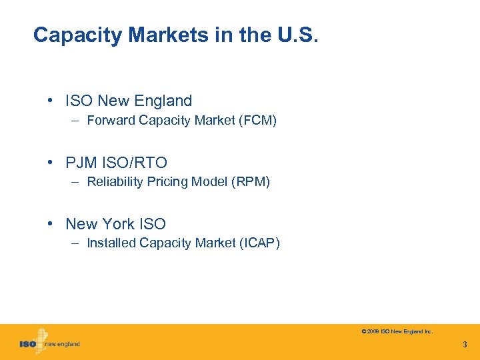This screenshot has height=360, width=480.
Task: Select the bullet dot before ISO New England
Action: click(51, 101)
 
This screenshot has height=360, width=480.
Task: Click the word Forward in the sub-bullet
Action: click(109, 121)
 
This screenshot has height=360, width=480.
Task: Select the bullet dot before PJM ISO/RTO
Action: click(51, 163)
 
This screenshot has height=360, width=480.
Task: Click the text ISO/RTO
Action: click(134, 163)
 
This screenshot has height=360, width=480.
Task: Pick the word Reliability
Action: click(114, 182)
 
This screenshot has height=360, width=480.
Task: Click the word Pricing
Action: click(165, 182)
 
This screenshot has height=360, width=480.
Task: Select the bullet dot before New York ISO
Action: click(51, 224)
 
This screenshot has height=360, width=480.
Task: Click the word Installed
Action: click(111, 243)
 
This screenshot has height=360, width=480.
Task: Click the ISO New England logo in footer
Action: click(49, 343)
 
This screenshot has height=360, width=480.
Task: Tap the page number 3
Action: click(465, 345)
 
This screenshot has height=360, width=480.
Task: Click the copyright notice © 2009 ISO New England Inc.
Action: click(397, 331)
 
